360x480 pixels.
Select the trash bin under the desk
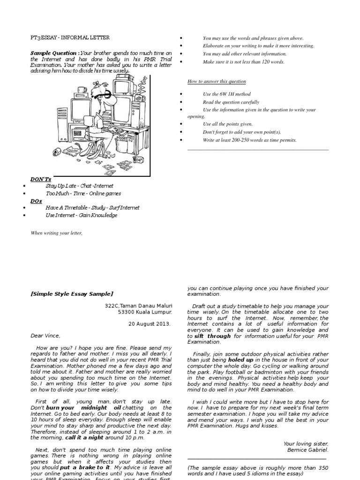pyautogui.click(x=121, y=146)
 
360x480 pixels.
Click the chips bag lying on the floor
pyautogui.click(x=70, y=150)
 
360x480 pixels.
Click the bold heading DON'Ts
pyautogui.click(x=40, y=179)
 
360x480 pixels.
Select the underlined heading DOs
pyautogui.click(x=36, y=201)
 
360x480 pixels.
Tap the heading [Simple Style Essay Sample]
pyautogui.click(x=72, y=294)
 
